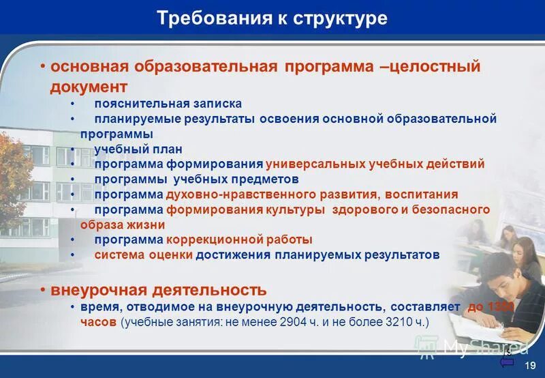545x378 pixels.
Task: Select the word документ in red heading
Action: point(89,87)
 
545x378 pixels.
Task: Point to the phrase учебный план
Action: point(138,149)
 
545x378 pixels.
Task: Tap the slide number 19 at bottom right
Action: point(530,366)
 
